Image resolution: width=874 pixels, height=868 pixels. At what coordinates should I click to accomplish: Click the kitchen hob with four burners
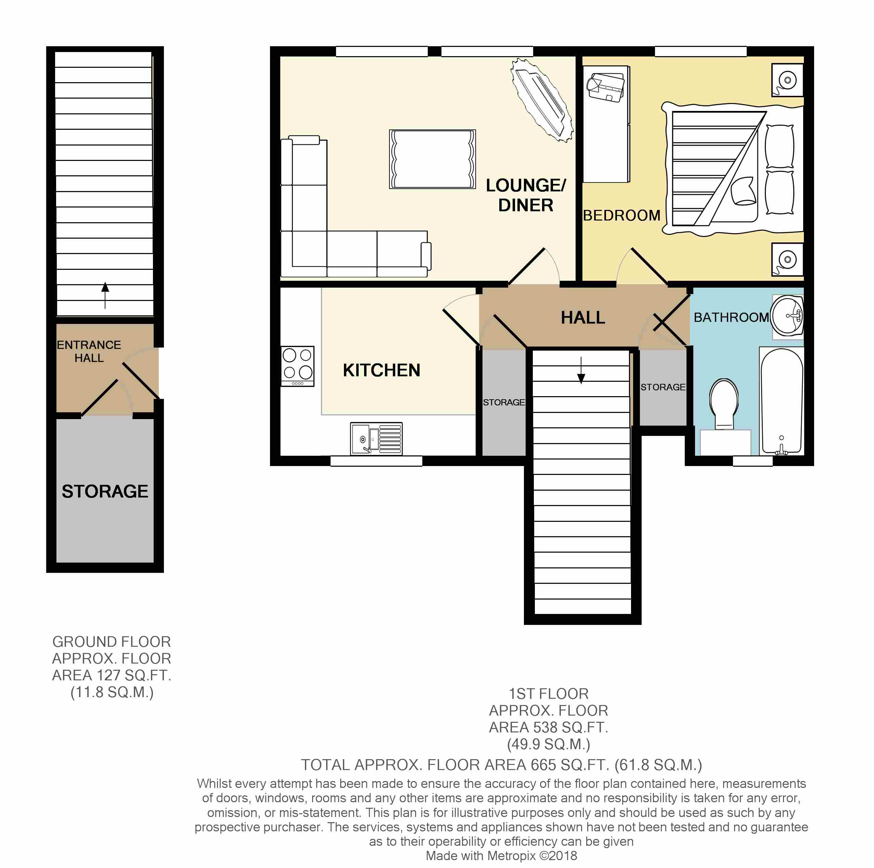click(298, 366)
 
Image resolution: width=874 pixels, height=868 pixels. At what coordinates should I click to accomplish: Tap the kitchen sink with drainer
click(376, 438)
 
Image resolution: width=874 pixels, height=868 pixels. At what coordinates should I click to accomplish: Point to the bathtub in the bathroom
click(781, 401)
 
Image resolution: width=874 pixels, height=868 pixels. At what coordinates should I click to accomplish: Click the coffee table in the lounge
click(433, 159)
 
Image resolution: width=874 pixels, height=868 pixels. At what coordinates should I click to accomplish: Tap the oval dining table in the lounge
click(541, 100)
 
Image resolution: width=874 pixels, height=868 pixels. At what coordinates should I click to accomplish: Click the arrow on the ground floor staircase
click(105, 295)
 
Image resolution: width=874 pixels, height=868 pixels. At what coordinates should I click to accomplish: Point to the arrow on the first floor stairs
click(581, 370)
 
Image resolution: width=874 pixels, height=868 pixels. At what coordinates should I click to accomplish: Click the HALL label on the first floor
click(583, 317)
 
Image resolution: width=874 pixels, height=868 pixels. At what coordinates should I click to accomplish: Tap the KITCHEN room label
click(381, 370)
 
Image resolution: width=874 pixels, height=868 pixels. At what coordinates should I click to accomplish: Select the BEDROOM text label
click(621, 215)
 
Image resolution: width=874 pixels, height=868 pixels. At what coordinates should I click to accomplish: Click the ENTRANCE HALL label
click(89, 351)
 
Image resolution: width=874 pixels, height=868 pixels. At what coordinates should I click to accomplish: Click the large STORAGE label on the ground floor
click(105, 491)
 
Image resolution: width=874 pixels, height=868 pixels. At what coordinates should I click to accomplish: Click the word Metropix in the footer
click(512, 856)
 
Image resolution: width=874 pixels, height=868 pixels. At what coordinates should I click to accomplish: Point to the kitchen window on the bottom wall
click(376, 461)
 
